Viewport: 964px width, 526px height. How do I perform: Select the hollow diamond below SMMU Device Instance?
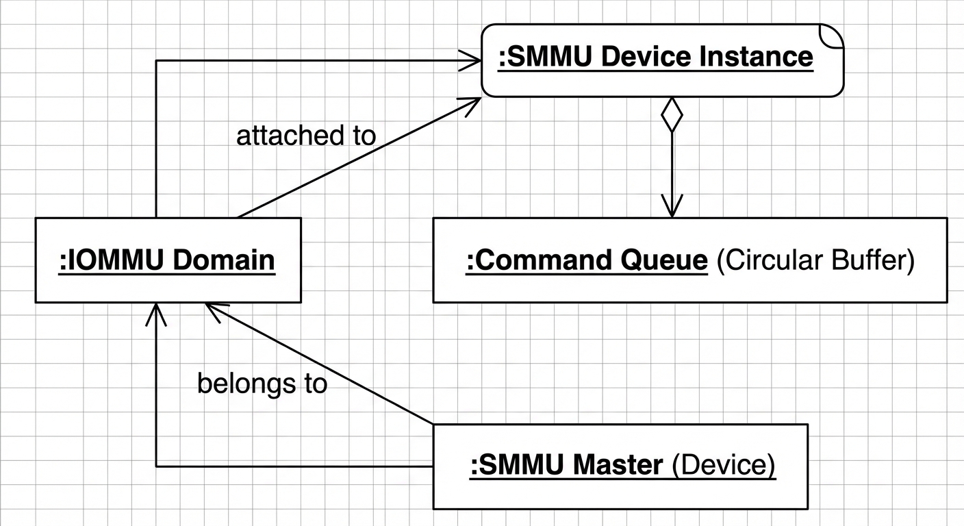(x=672, y=116)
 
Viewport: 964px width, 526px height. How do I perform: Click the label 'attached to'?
(x=306, y=136)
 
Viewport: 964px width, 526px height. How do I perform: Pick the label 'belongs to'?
(x=262, y=384)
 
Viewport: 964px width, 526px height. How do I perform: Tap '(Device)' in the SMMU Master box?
(x=724, y=466)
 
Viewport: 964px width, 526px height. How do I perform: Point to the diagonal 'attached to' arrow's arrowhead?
(x=471, y=103)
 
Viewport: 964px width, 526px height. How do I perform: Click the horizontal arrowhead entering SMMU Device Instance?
(x=472, y=60)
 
